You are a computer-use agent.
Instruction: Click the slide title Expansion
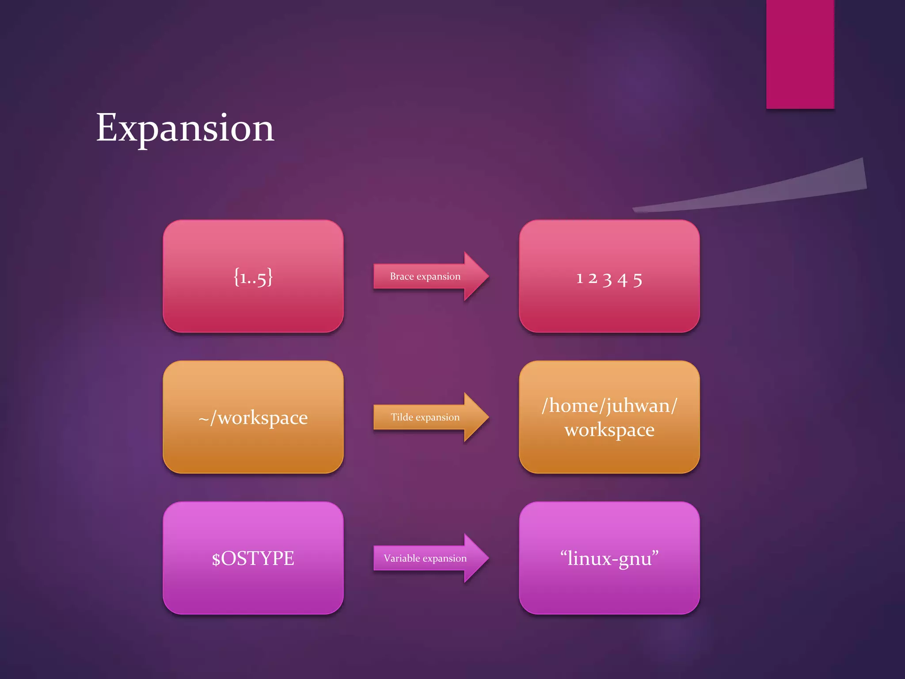pyautogui.click(x=185, y=128)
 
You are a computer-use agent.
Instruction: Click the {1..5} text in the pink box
pyautogui.click(x=253, y=277)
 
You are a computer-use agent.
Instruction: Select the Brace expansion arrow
pyautogui.click(x=431, y=276)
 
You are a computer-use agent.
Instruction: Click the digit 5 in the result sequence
pyautogui.click(x=637, y=280)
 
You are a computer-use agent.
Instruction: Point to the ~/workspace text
pyautogui.click(x=253, y=418)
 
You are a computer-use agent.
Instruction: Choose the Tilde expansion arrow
pyautogui.click(x=431, y=417)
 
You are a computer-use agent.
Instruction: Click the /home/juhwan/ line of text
pyautogui.click(x=609, y=405)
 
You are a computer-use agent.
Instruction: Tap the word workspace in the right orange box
pyautogui.click(x=609, y=430)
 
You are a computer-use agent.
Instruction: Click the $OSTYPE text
pyautogui.click(x=253, y=558)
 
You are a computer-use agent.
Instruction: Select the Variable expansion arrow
pyautogui.click(x=431, y=558)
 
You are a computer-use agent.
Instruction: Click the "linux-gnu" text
pyautogui.click(x=609, y=558)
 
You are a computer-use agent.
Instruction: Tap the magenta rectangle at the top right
pyautogui.click(x=800, y=53)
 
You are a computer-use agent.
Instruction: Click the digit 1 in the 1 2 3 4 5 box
pyautogui.click(x=579, y=279)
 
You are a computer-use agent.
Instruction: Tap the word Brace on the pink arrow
pyautogui.click(x=401, y=276)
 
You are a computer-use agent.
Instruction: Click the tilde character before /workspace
pyautogui.click(x=203, y=419)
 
